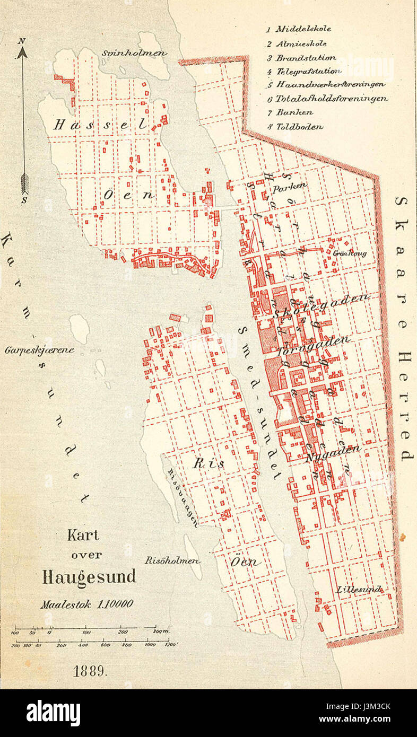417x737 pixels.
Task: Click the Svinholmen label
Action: pos(134,53)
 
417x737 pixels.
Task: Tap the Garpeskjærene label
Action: pos(40,350)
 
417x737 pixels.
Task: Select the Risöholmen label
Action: pos(164,560)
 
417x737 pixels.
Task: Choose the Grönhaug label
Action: pos(350,253)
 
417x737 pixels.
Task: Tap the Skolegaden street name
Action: pos(322,306)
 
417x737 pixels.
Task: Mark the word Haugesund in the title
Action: pos(89,577)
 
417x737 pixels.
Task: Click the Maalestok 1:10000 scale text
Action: pos(87,603)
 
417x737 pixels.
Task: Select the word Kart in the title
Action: pos(83,536)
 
